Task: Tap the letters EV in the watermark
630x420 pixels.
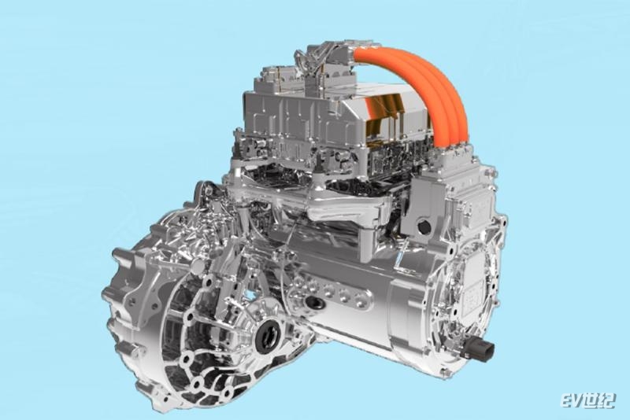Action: point(570,401)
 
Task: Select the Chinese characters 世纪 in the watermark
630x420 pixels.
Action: point(598,401)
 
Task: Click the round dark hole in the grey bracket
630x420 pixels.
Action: point(424,227)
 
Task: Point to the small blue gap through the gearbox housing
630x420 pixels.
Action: point(250,295)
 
